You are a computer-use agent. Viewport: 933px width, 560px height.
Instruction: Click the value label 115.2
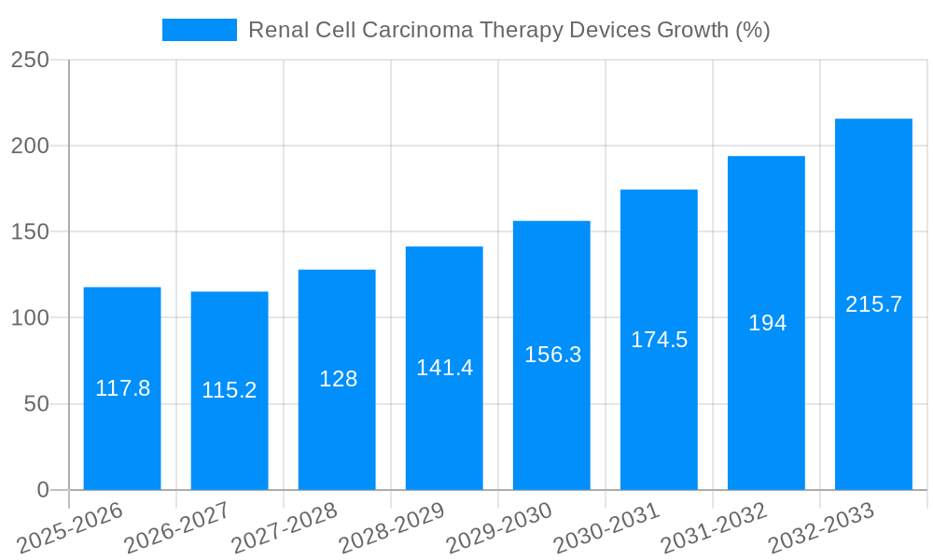(x=230, y=390)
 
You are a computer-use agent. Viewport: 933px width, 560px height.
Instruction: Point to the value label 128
(x=338, y=379)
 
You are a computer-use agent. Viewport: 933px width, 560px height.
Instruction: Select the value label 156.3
(x=552, y=355)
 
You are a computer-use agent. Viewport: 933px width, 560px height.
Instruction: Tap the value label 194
(x=767, y=323)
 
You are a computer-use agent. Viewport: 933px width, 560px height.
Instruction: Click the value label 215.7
(x=873, y=304)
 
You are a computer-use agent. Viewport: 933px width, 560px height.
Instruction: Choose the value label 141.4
(x=444, y=368)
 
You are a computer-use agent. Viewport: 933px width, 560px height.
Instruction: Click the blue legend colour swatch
(x=199, y=30)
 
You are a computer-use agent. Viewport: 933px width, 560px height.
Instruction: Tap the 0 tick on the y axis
(x=43, y=490)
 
